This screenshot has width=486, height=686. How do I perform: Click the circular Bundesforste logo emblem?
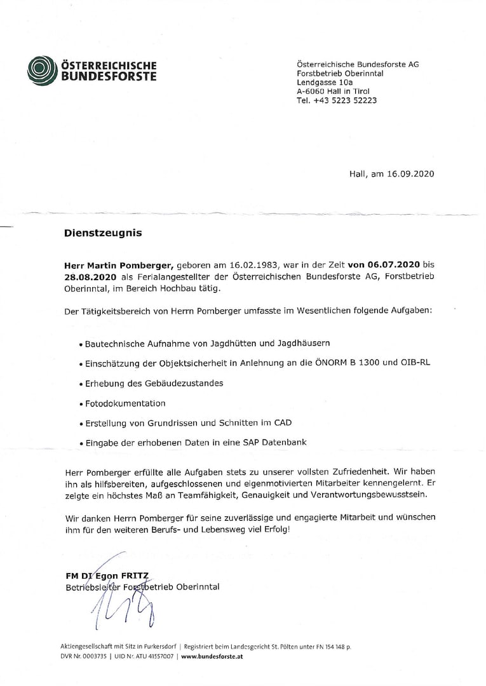click(x=43, y=70)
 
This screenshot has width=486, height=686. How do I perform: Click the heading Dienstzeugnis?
click(x=103, y=233)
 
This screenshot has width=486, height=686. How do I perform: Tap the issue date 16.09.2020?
click(x=410, y=173)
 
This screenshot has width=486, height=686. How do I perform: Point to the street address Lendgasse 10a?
click(x=325, y=83)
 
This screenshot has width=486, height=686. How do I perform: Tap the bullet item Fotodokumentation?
click(x=125, y=403)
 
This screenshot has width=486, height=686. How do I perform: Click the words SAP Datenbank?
click(x=276, y=442)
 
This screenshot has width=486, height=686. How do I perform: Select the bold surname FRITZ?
click(x=135, y=576)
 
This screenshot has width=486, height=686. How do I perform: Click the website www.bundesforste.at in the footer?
click(x=212, y=657)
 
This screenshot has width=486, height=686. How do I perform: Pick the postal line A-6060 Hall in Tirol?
click(x=333, y=91)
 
